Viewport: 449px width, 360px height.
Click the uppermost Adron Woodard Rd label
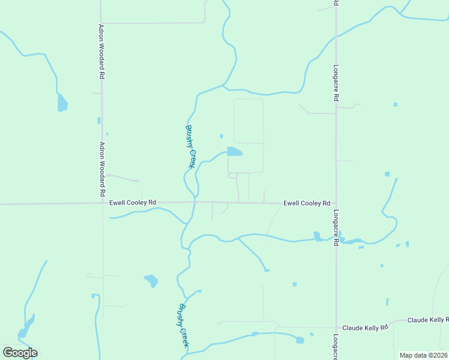102,52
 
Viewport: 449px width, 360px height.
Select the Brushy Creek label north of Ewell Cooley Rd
190,146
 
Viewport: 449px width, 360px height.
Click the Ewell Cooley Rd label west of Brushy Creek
133,203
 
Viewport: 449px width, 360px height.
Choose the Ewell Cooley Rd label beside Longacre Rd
307,203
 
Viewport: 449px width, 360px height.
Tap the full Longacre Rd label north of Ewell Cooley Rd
337,82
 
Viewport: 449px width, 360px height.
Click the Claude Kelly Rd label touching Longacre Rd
364,328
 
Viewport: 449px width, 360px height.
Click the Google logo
20,353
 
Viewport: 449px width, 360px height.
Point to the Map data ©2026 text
423,355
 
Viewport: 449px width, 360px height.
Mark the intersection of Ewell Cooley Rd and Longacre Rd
336,203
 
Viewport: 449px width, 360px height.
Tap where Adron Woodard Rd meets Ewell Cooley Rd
101,203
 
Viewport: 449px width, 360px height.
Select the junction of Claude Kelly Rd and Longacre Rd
336,328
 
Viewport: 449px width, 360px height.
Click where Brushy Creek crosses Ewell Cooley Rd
194,203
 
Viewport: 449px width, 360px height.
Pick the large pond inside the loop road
234,152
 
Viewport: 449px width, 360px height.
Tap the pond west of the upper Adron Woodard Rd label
62,103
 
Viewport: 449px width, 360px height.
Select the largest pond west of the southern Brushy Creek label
151,280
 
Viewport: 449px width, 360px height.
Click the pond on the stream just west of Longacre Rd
318,236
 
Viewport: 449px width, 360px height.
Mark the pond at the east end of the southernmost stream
300,340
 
